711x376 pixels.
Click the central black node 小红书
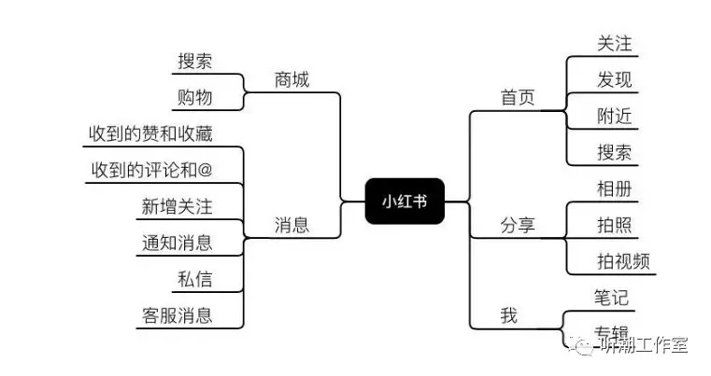coord(404,201)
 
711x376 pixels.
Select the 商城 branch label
coord(292,80)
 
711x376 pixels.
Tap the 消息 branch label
coord(292,225)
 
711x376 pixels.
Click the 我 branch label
coord(508,315)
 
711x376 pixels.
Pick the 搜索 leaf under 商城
coord(195,62)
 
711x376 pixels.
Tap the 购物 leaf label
coord(195,97)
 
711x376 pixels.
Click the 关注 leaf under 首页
coord(615,43)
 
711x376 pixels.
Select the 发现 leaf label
coord(615,79)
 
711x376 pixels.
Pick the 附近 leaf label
coord(615,116)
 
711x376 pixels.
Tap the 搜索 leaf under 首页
coord(615,152)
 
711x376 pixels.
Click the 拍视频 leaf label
coord(623,260)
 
